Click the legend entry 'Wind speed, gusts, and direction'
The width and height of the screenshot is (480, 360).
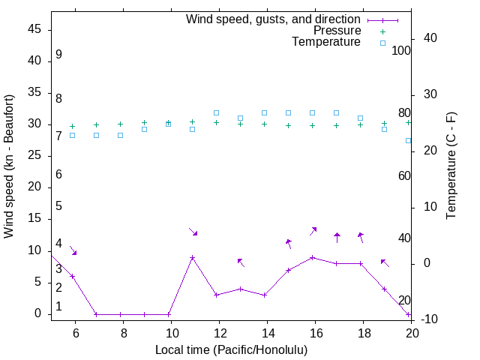coord(274,19)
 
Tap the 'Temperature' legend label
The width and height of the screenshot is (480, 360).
coord(326,42)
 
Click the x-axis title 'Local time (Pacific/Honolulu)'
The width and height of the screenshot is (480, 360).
coord(231,350)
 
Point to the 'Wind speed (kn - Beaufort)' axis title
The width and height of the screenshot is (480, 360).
coord(9,166)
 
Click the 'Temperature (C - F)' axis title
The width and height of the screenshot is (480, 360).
coord(451,166)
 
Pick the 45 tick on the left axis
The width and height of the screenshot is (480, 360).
coord(34,30)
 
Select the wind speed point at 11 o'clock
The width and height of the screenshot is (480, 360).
coord(193,258)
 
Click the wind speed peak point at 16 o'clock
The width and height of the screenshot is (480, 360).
coord(313,257)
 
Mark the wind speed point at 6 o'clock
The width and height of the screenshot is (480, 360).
coord(73,277)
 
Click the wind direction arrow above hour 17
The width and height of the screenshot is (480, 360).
coord(337,237)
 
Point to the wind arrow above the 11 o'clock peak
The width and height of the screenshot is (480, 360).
coord(193,232)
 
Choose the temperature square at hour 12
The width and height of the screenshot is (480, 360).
coord(216,113)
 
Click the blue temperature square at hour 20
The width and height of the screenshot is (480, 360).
coord(409,140)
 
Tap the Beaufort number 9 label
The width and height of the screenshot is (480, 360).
coord(58,55)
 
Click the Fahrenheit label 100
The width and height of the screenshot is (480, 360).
coord(402,51)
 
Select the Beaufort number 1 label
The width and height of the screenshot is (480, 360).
coord(58,307)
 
